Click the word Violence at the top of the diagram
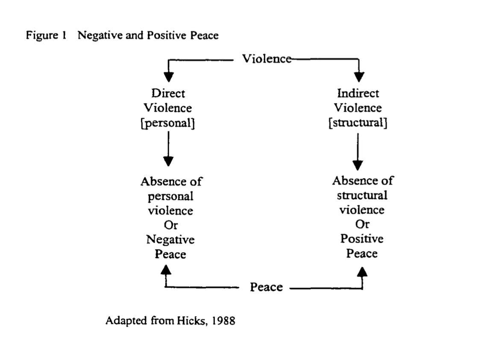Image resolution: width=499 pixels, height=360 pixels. coord(267,59)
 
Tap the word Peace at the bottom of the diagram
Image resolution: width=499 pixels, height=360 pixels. coord(266,287)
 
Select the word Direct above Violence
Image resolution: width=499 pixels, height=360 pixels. coord(168,94)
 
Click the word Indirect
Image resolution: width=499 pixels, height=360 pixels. coord(358,94)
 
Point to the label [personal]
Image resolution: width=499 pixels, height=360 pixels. coord(169,123)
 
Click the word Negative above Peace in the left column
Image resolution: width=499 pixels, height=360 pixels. coord(170,240)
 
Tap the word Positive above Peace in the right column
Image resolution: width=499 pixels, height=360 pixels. coord(362,239)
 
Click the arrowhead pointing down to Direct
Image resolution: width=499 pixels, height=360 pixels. coord(169,77)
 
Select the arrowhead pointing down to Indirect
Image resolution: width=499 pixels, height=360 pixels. coord(359,77)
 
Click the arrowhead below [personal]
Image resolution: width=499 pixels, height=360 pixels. coord(169,161)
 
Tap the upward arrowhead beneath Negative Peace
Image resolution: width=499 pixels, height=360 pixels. coord(166,269)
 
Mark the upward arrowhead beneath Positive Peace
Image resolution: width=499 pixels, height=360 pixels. coord(363,271)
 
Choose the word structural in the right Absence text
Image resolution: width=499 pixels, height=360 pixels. coord(362,196)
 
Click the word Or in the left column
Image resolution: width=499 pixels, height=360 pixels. coord(171,225)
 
